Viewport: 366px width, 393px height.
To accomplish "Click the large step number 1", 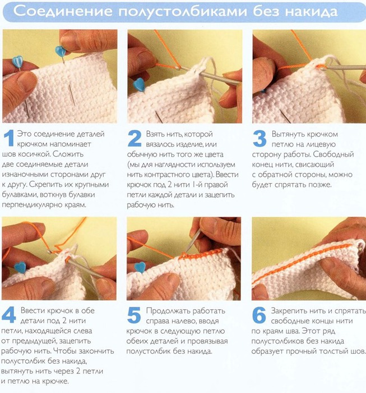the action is [x=9, y=138].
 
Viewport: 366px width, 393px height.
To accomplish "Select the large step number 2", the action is [x=135, y=138].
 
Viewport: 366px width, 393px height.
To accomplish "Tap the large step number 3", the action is [x=260, y=138].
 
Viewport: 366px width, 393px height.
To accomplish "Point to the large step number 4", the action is [x=8, y=315].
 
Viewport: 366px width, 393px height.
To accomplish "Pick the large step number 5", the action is [x=134, y=316].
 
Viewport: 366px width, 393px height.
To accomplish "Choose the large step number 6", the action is [x=259, y=315].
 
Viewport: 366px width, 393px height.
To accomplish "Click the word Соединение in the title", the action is [x=63, y=11].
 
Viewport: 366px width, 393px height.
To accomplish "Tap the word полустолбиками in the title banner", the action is [x=183, y=12].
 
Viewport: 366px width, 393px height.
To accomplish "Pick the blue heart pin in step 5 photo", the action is [x=140, y=267].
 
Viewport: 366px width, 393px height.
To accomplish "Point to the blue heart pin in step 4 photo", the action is [x=20, y=267].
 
